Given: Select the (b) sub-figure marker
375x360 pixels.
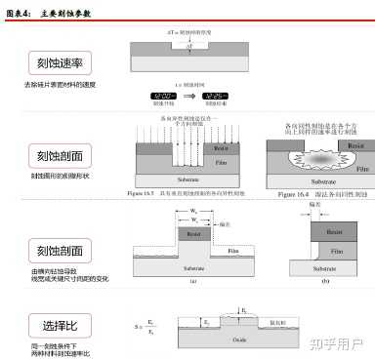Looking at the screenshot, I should click(x=324, y=280).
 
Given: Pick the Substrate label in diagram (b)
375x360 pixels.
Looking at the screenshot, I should click(x=330, y=265).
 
